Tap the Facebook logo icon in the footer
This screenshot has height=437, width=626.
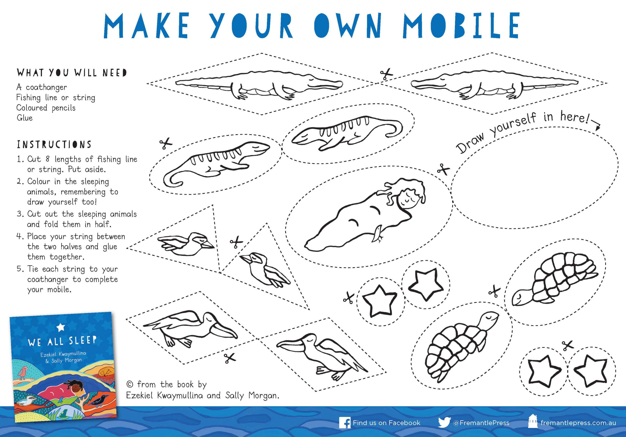[345, 423]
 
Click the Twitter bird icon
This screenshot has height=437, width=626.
[444, 423]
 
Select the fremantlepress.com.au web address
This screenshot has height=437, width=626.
[578, 423]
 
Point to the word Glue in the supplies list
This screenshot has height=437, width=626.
[24, 118]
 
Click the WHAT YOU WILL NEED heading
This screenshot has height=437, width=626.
[72, 73]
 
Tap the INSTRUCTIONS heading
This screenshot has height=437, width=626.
[54, 144]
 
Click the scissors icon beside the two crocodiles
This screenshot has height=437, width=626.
[386, 74]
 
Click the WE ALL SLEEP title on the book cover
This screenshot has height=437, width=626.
[62, 341]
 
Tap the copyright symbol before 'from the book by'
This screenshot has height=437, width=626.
[130, 385]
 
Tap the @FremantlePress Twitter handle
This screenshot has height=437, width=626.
[481, 423]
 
